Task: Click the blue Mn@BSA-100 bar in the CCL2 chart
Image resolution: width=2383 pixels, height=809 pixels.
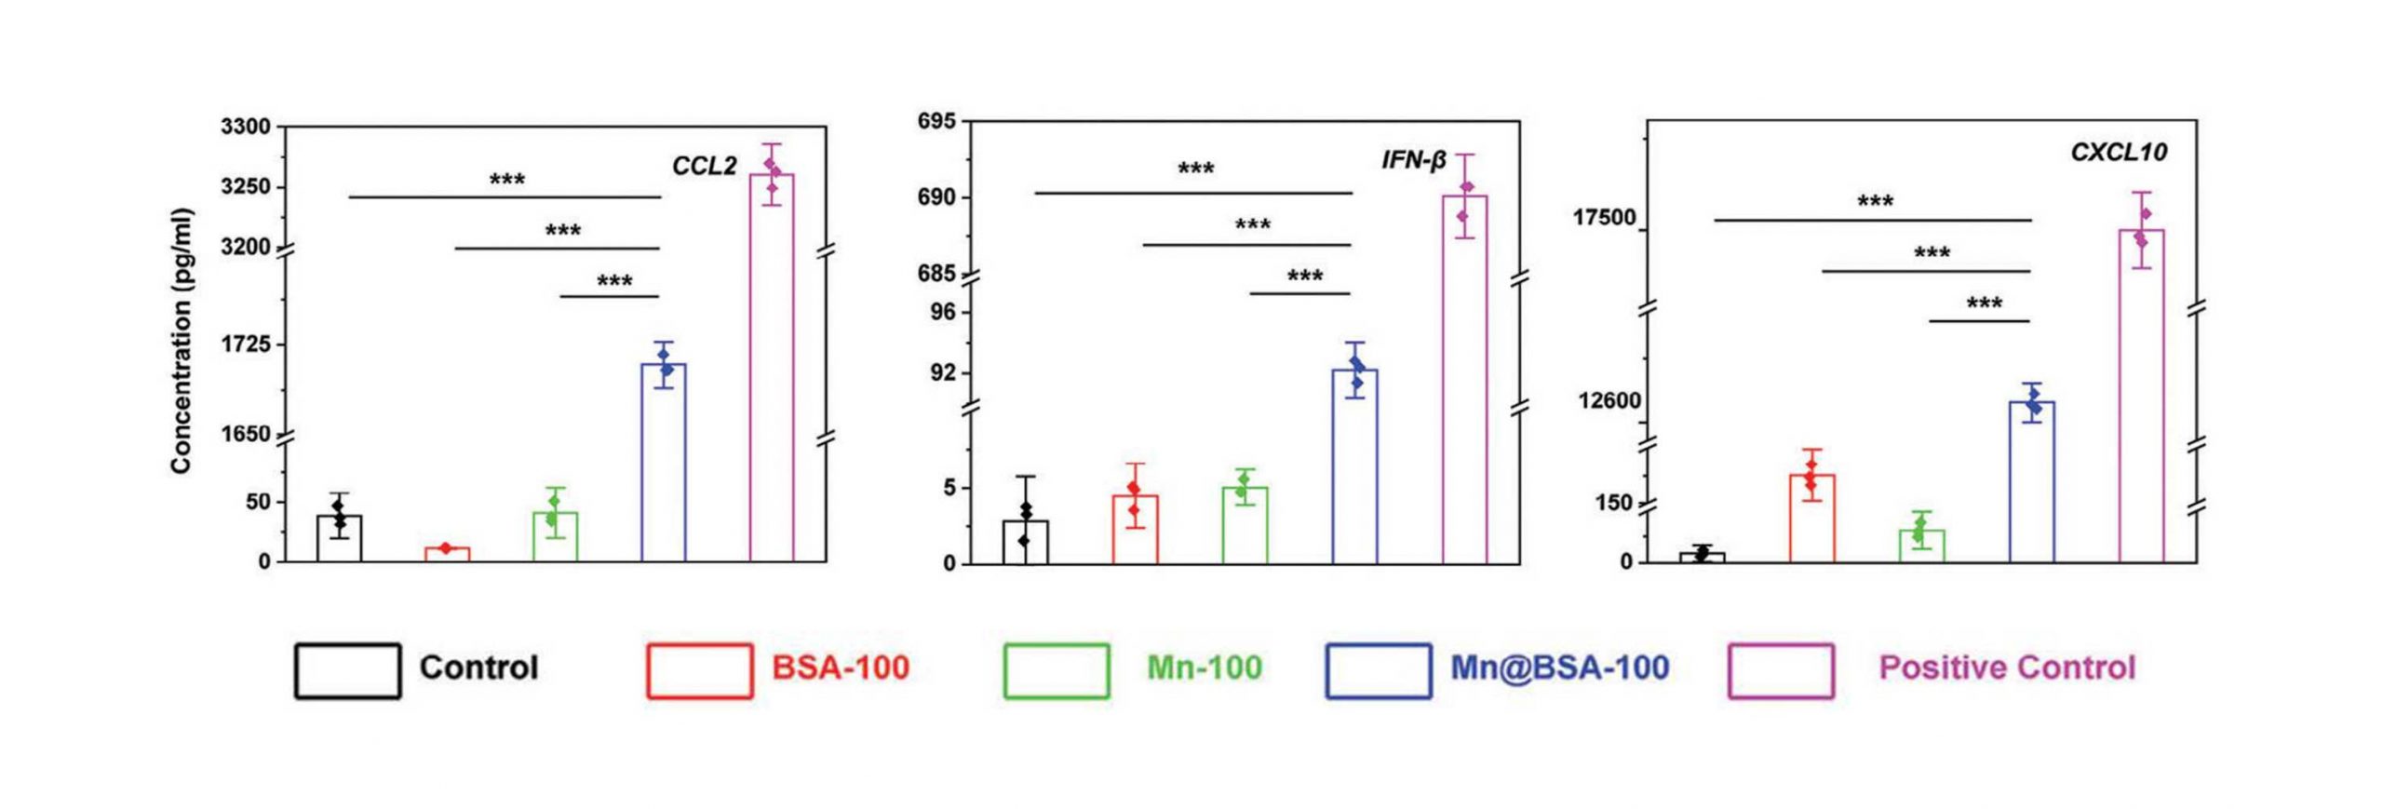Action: pos(664,463)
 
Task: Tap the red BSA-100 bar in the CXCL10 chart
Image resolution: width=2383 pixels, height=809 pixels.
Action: pos(1811,519)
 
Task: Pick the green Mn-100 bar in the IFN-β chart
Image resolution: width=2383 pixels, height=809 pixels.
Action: pos(1245,525)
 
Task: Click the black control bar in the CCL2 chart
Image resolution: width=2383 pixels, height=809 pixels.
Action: pos(339,539)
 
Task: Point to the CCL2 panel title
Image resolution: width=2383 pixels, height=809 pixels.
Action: pos(705,167)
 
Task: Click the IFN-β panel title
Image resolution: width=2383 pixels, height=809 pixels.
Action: pos(1413,161)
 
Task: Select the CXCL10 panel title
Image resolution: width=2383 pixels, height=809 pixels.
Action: pos(2119,153)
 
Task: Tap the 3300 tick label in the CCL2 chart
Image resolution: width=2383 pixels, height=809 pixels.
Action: pos(246,127)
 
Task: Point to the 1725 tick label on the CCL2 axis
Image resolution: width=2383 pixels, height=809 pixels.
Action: pos(246,345)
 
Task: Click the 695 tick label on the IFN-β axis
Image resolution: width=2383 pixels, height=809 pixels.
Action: pos(936,122)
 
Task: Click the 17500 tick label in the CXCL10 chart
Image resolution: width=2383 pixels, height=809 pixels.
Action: pos(1604,218)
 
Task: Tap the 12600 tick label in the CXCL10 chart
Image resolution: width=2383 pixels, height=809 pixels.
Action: pos(1609,401)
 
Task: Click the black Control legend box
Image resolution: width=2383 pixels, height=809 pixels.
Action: pos(348,670)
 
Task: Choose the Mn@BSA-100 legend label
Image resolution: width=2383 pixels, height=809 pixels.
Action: pos(1559,667)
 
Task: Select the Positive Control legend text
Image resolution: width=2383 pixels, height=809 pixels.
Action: pos(2007,667)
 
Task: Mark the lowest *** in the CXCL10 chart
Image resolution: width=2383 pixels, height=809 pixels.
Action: pos(1984,304)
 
